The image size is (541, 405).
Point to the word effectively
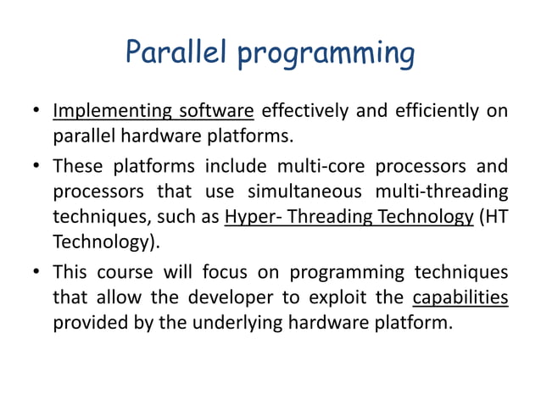tap(304, 112)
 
